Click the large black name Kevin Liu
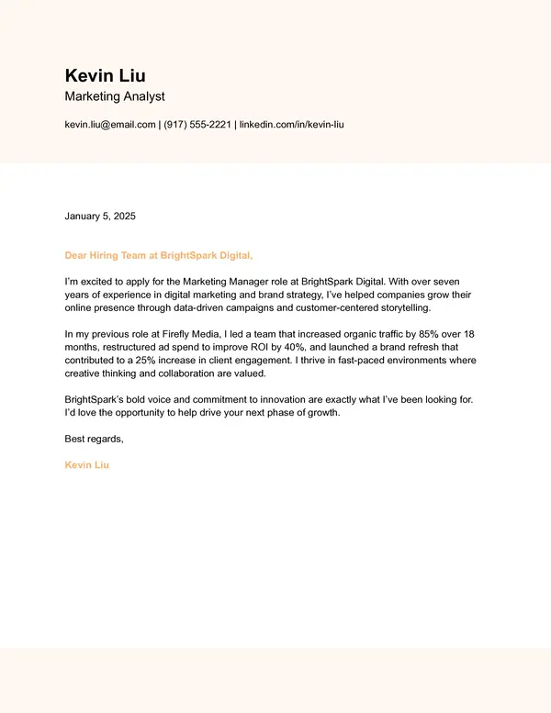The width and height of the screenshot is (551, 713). coord(105,75)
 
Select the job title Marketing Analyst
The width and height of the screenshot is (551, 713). coord(115,96)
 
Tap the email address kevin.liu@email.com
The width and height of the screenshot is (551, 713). coord(110,125)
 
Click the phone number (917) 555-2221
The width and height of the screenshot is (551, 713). coord(197,125)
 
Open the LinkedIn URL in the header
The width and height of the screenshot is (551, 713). coord(291,125)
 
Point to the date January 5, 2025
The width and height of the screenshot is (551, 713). coord(100,217)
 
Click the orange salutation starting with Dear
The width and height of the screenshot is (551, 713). coord(158,255)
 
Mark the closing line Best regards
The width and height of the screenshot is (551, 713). coord(94,440)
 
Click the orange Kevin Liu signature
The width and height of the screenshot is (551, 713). coord(86,465)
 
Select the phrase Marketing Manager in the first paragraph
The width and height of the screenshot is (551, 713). coord(223,278)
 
